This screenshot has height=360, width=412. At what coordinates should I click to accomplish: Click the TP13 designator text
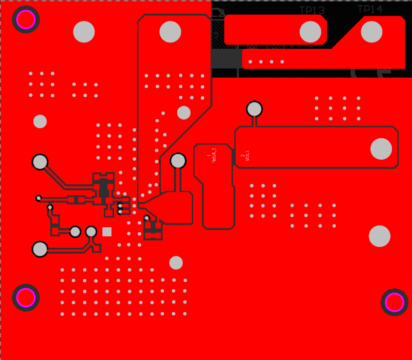[x=312, y=10]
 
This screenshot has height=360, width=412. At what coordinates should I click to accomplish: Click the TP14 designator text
[x=370, y=9]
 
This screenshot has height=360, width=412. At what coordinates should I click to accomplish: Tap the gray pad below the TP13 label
[x=311, y=32]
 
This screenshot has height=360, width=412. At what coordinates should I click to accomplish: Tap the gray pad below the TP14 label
[x=371, y=32]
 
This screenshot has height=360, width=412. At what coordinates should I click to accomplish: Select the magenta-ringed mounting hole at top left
[x=26, y=20]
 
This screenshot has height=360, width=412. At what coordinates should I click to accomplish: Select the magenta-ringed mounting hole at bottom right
[x=394, y=302]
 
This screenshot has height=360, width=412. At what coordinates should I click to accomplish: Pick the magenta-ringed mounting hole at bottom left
[x=26, y=298]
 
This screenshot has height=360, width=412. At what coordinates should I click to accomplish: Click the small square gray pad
[x=107, y=232]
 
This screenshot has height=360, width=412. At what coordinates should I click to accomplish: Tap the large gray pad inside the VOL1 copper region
[x=381, y=149]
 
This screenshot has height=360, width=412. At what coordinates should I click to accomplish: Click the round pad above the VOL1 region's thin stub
[x=254, y=109]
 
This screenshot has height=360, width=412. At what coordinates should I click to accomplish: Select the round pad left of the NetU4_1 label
[x=178, y=161]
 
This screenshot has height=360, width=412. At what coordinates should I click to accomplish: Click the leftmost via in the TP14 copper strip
[x=250, y=62]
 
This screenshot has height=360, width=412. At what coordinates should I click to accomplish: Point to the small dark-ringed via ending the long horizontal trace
[x=39, y=198]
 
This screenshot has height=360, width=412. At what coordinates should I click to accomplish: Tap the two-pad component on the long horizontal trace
[x=76, y=199]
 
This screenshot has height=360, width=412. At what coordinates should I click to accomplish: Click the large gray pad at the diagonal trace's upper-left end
[x=40, y=162]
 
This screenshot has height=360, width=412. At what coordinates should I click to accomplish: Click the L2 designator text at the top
[x=218, y=13]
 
